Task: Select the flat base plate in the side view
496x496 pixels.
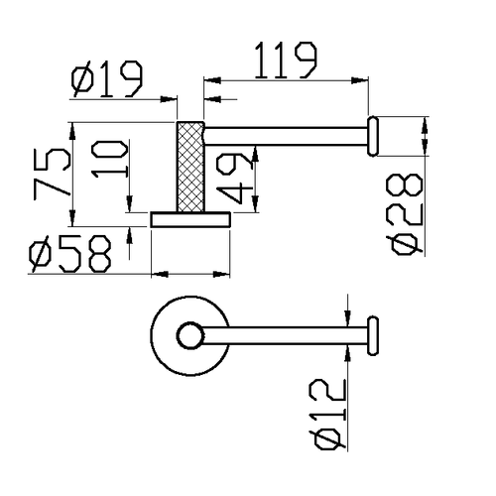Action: point(189,218)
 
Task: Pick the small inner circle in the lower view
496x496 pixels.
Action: point(188,336)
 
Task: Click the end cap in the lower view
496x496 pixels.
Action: point(374,336)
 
